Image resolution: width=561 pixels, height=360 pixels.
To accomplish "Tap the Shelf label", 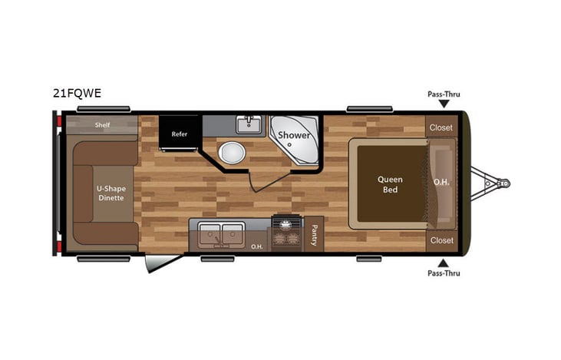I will coord(102,124).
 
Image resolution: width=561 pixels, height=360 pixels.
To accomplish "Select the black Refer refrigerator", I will coord(180,133).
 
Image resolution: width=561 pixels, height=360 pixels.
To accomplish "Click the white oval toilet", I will coord(229,154).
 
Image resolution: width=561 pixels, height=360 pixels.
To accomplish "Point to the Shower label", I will coord(294,135).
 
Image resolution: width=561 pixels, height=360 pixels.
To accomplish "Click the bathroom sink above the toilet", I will coord(249,124).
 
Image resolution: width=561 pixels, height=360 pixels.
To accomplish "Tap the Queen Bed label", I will coord(390,184).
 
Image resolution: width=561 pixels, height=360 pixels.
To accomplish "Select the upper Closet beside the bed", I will coord(441,127).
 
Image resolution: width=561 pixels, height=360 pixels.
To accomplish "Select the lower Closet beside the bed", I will coord(441,240).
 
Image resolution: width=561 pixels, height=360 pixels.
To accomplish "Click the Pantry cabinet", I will coord(315,236).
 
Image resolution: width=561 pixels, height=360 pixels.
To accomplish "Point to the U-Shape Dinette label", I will coord(110,193).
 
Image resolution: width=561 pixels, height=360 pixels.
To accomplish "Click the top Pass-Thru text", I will coord(444,94).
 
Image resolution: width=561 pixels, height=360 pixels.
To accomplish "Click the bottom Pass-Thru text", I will coord(444,272).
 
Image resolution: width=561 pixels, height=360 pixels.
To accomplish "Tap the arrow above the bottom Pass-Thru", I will coord(444,263).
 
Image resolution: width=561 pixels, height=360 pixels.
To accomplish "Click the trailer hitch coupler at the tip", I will coord(504,184).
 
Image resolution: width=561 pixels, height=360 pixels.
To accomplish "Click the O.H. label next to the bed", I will coord(441,182).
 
